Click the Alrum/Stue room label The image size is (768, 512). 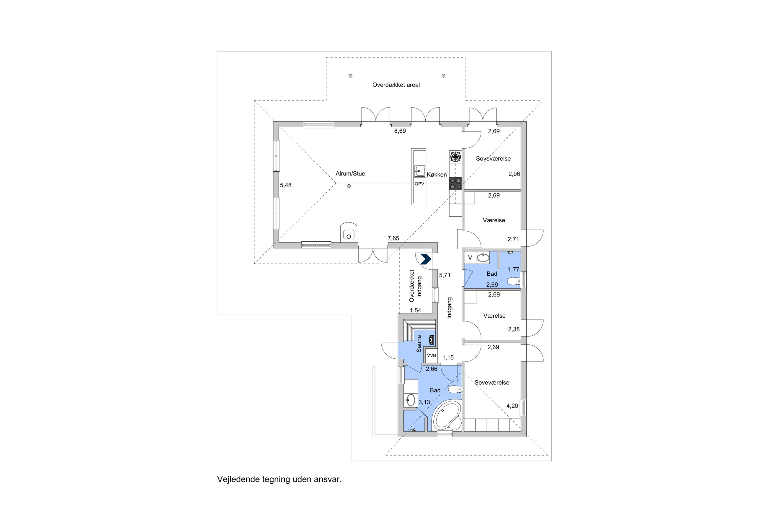[x=350, y=174]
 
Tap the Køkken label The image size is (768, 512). [x=436, y=175]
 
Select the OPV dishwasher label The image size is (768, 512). [x=419, y=184]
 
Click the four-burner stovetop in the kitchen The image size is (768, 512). [x=455, y=183]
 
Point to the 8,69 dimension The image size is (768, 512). [x=400, y=131]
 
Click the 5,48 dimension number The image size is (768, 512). [x=286, y=185]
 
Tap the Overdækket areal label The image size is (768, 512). [x=396, y=85]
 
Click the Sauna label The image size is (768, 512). [x=419, y=344]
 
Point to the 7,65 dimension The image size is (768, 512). [x=393, y=238]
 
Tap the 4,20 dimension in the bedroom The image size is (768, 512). [x=512, y=406]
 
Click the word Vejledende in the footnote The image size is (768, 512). [x=239, y=479]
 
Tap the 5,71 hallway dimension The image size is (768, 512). [x=445, y=275]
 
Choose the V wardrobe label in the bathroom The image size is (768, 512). [x=470, y=258]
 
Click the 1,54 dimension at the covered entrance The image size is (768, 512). [x=416, y=311]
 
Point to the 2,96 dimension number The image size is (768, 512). [x=514, y=174]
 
